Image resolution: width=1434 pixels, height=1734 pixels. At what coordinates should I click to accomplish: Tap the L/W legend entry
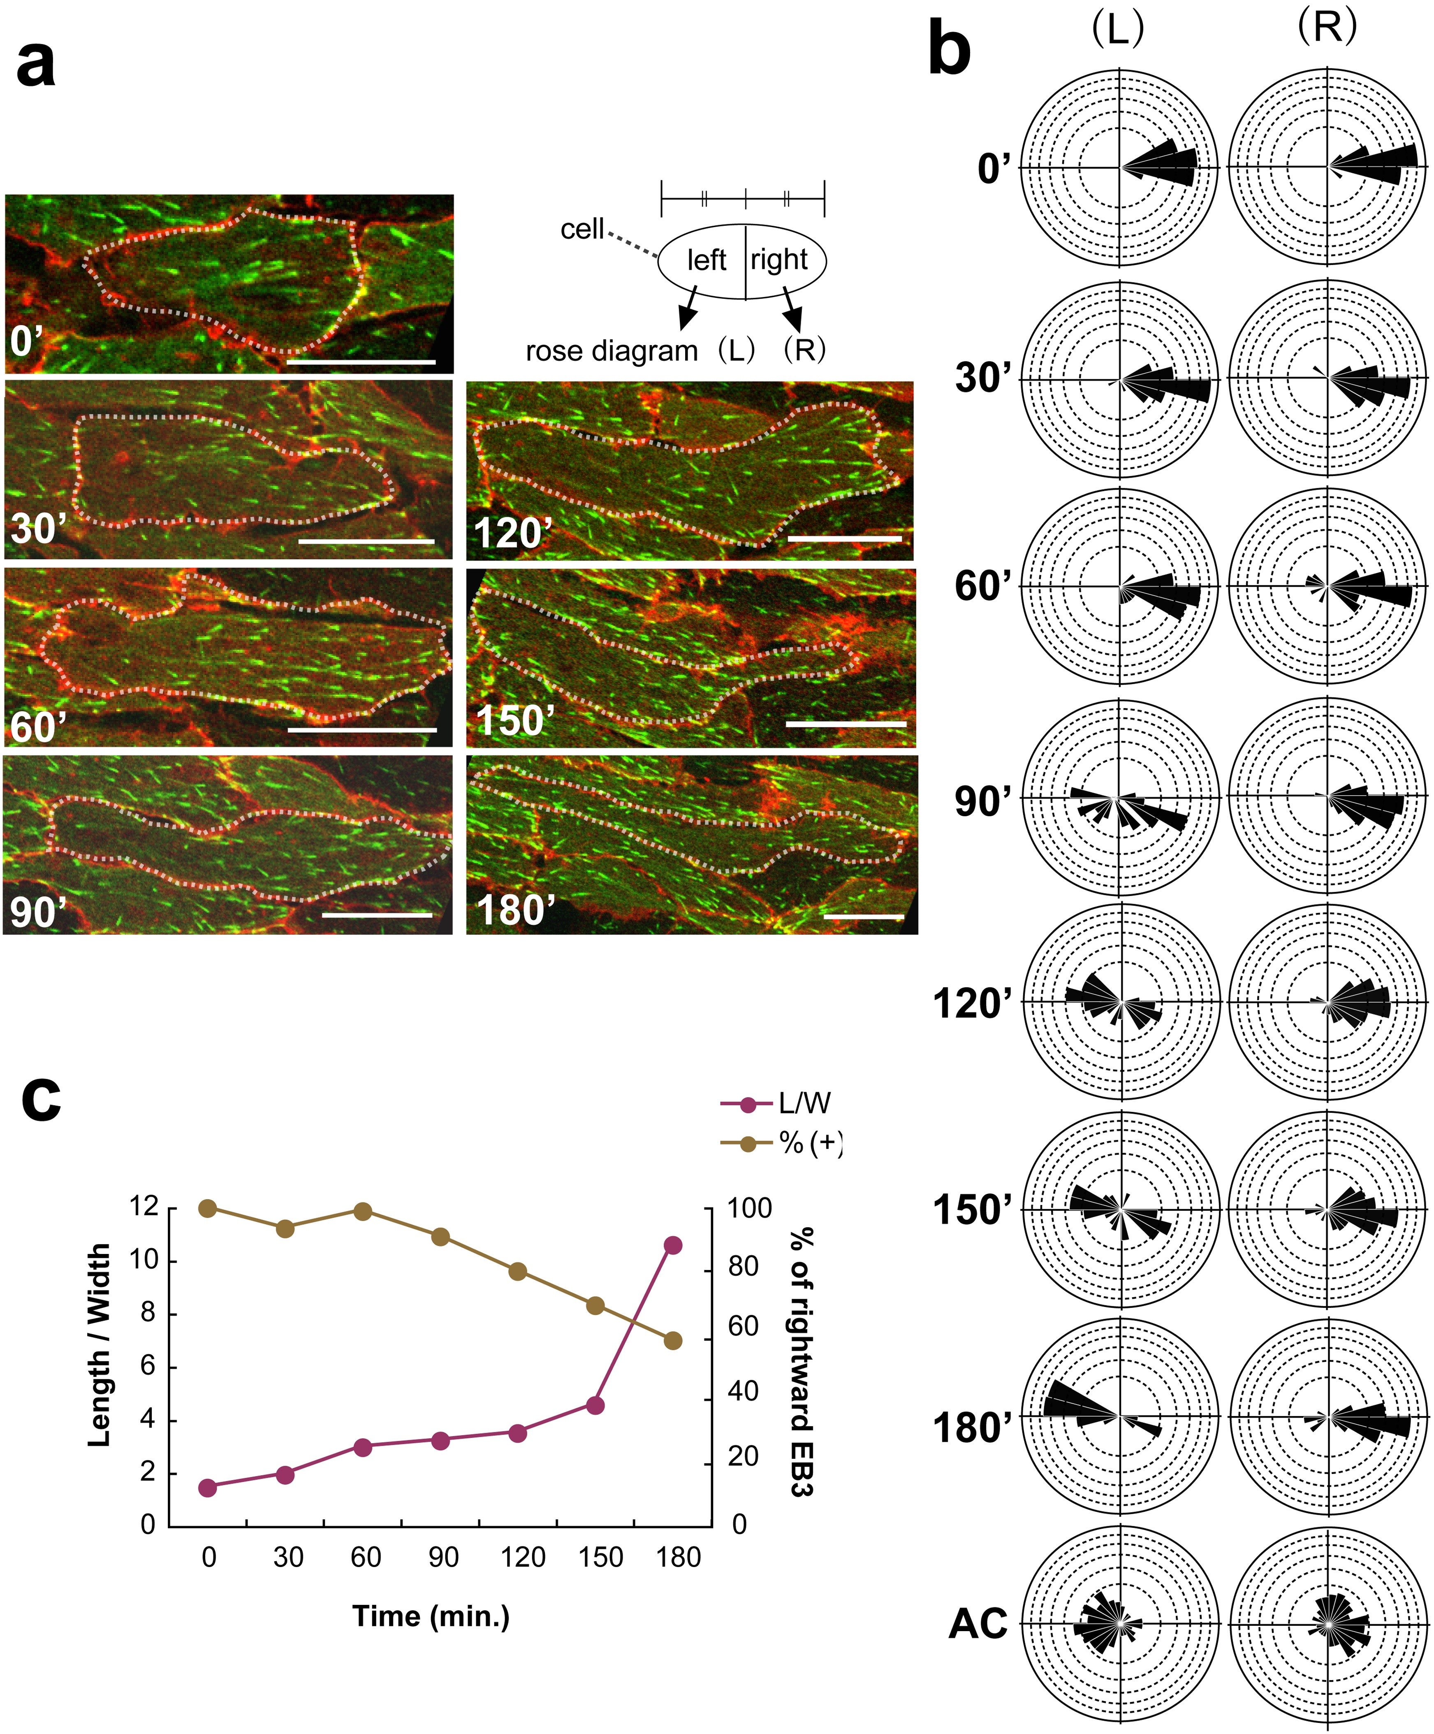[x=776, y=1103]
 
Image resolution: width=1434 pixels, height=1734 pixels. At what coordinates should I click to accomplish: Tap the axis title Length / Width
[x=99, y=1344]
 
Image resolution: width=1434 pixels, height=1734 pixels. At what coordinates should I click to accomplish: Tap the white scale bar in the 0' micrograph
[x=361, y=361]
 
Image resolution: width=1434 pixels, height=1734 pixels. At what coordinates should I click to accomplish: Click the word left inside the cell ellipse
[x=707, y=260]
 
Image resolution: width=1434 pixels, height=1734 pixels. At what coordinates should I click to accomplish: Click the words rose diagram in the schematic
[x=612, y=351]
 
